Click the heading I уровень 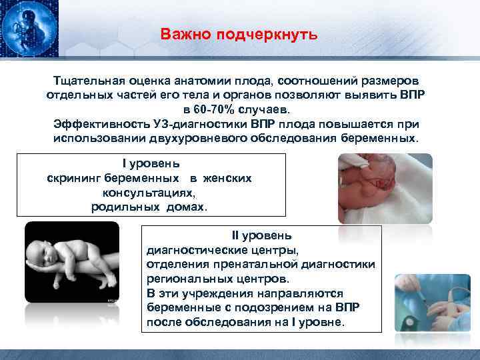coord(151,163)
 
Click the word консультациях coord(149,193)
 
